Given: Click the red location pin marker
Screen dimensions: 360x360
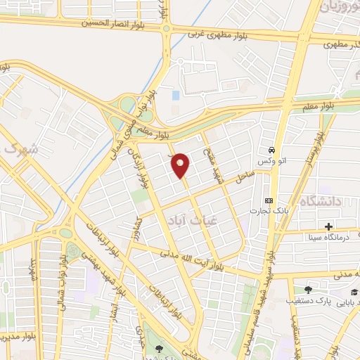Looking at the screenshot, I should tap(181, 165).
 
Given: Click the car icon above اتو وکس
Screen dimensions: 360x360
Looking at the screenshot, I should tap(271, 150).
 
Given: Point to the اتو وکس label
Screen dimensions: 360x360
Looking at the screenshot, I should tap(270, 162).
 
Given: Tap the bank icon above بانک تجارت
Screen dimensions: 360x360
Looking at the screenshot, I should tap(269, 200).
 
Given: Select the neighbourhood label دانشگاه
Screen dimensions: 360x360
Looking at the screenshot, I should tap(321, 202).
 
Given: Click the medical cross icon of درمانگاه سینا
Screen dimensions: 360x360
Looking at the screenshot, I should tap(328, 226).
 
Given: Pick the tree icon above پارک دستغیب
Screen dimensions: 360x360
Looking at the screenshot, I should tap(308, 290).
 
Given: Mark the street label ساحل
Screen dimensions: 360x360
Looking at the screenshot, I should tap(244, 180).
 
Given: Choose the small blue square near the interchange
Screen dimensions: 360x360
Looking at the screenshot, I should tap(175, 95).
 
